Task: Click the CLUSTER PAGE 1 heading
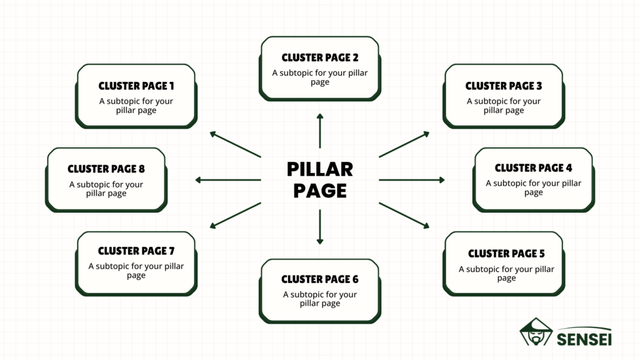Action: tap(136, 86)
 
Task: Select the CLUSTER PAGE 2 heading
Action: tap(320, 57)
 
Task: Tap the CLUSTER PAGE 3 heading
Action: tap(504, 86)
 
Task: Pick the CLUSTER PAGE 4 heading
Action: tap(533, 167)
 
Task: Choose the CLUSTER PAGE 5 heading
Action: tap(506, 254)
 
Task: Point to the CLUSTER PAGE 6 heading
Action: tap(320, 279)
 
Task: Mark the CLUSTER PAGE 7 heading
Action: tap(136, 251)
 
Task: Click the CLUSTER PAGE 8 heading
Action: tap(106, 169)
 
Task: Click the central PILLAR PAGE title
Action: tap(320, 179)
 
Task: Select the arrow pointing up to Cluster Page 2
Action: tap(320, 131)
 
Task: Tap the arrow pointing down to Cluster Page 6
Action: tap(320, 227)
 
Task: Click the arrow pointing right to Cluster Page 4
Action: tap(411, 180)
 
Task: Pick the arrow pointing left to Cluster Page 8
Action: tap(228, 180)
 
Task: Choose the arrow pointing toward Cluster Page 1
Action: tap(235, 144)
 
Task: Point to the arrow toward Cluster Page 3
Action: tap(404, 144)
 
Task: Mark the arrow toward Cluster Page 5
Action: tap(404, 215)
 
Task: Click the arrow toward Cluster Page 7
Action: tap(235, 215)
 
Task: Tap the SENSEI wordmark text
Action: tap(584, 337)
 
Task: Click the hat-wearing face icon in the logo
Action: tap(535, 332)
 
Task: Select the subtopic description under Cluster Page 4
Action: tap(533, 187)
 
